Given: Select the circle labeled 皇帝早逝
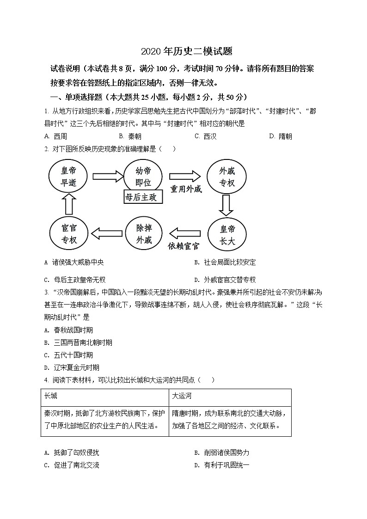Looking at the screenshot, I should tap(68, 177).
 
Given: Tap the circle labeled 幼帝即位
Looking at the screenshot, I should tap(143, 177).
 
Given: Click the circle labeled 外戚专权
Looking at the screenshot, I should tap(227, 177).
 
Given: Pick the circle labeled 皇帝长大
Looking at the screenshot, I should tap(227, 235).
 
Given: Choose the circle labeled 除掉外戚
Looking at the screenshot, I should tap(144, 234).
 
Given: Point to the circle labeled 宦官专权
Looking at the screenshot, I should tap(68, 234).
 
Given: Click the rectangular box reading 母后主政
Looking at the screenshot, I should tap(144, 197).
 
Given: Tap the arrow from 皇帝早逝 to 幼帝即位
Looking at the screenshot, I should tap(108, 176).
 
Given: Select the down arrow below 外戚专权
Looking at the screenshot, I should tap(226, 206).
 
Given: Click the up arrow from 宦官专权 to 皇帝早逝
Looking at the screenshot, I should tap(68, 205).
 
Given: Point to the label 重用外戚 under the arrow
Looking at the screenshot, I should tap(186, 189).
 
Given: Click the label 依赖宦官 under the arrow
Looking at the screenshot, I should tap(186, 245).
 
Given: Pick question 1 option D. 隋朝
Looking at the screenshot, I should tap(280, 136).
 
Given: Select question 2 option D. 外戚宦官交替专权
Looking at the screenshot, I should tap(225, 280).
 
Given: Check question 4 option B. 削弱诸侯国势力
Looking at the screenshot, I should tap(221, 453).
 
